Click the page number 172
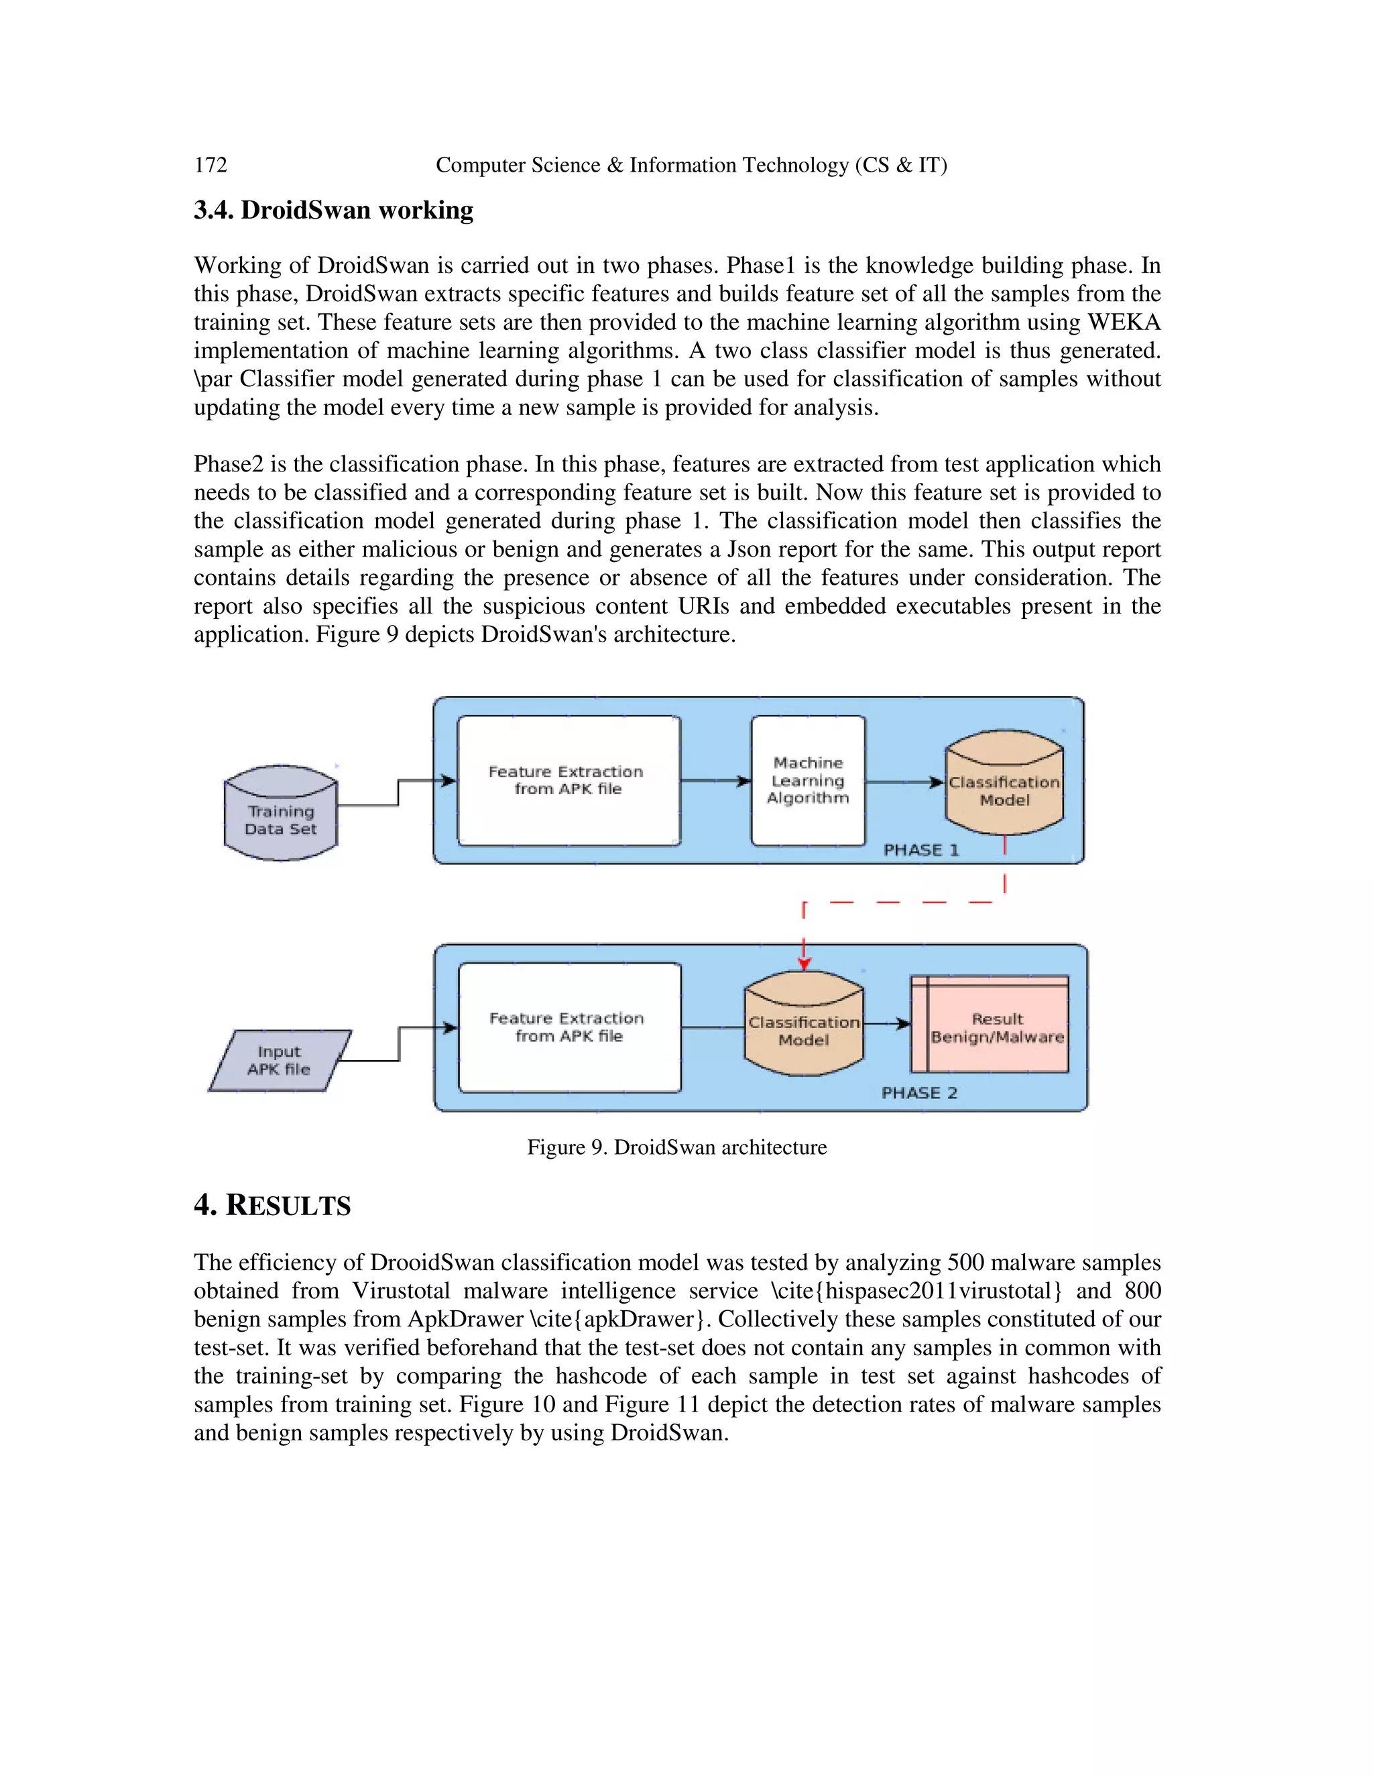click(x=211, y=165)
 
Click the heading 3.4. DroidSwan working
click(x=333, y=210)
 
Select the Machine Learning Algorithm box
click(x=808, y=781)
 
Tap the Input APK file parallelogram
click(x=280, y=1061)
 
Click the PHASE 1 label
click(x=920, y=850)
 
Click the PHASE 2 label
click(x=919, y=1094)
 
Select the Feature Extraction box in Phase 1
click(x=569, y=781)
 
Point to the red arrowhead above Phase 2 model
click(x=804, y=964)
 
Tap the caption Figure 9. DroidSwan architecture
click(x=676, y=1147)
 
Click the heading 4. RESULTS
click(x=272, y=1205)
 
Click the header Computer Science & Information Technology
click(x=691, y=165)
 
